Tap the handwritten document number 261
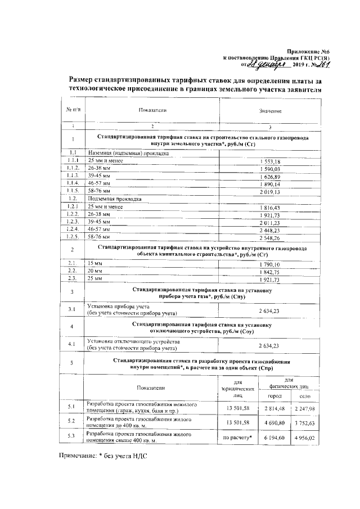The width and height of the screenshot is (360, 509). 312,65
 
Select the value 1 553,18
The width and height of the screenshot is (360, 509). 270,162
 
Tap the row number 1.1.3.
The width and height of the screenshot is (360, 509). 73,177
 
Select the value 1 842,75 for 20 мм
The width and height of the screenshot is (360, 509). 270,271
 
